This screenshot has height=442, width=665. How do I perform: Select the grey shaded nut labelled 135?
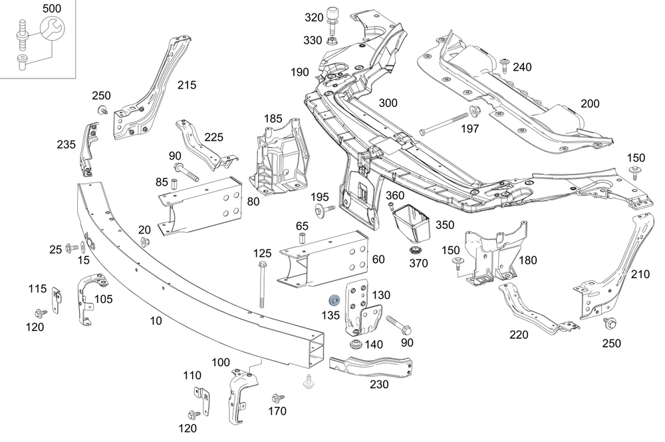click(x=334, y=298)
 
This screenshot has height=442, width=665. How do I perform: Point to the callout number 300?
click(x=388, y=103)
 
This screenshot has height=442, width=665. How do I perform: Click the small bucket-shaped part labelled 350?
click(x=412, y=225)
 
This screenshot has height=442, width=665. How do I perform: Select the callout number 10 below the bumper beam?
click(x=156, y=321)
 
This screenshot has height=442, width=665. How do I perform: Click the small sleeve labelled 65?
click(x=301, y=238)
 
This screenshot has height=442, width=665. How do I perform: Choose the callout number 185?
click(x=273, y=118)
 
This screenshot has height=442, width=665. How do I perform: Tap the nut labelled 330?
click(x=333, y=41)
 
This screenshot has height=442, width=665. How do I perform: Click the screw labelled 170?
click(x=277, y=399)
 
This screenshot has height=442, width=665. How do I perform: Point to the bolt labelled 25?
click(x=70, y=249)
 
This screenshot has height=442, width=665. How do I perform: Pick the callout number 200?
click(x=589, y=103)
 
